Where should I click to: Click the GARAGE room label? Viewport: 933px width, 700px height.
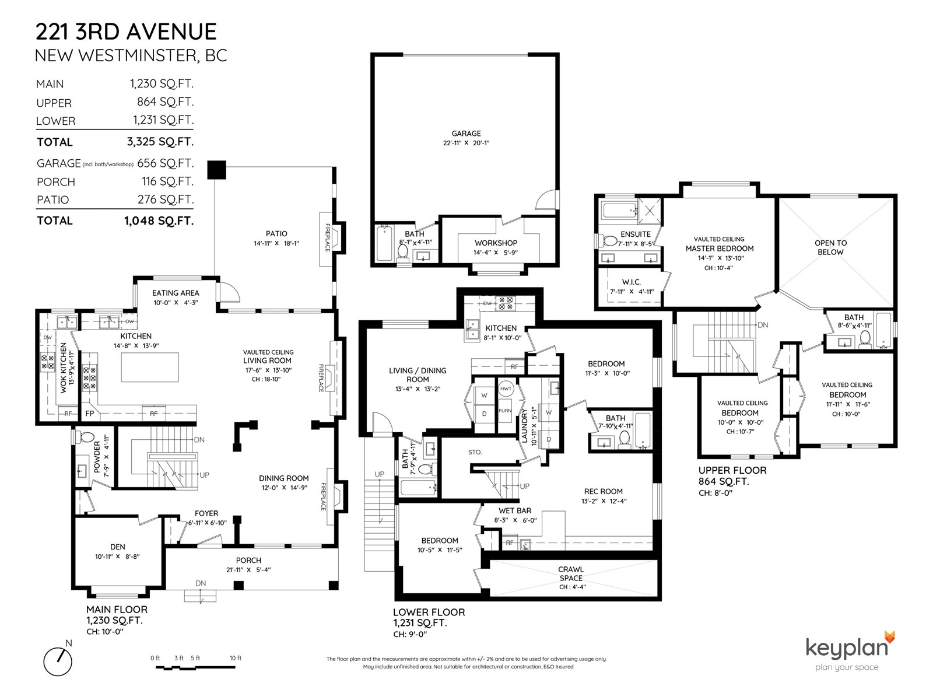click(x=466, y=134)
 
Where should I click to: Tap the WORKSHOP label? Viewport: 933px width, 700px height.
click(x=496, y=243)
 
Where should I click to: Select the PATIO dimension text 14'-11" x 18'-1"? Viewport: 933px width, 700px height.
click(x=276, y=243)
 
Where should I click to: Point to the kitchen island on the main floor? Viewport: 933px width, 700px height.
click(x=150, y=367)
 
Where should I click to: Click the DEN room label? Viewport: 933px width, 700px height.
click(x=118, y=547)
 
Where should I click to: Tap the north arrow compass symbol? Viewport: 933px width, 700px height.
click(x=58, y=661)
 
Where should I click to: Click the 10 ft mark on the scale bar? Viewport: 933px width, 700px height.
click(x=236, y=658)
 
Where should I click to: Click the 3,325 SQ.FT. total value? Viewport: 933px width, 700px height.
click(x=160, y=142)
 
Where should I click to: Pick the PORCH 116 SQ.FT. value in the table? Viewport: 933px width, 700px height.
click(x=167, y=181)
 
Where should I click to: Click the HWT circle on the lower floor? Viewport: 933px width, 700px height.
click(x=506, y=388)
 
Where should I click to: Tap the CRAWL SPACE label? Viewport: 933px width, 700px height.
click(x=571, y=573)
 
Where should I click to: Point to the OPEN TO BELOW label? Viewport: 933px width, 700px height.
click(x=830, y=247)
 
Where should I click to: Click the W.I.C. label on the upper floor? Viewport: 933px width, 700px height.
click(x=631, y=282)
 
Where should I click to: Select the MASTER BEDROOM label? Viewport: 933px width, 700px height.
click(x=719, y=249)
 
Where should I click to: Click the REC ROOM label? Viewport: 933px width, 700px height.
click(x=603, y=491)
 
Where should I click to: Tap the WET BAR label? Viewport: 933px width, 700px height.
click(x=515, y=510)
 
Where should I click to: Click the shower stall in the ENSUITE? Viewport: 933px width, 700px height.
click(x=650, y=211)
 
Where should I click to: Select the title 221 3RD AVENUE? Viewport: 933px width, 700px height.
click(x=126, y=32)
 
